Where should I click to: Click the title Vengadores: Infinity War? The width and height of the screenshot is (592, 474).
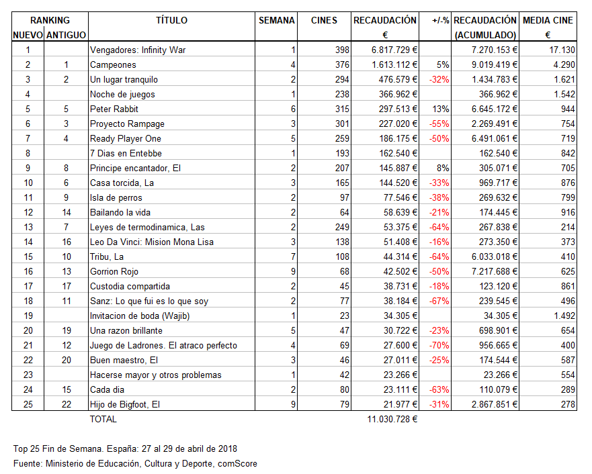137,50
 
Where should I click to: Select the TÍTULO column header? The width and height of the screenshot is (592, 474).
172,20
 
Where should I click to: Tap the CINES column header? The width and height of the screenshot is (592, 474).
325,20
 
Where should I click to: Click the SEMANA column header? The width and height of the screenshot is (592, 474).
277,20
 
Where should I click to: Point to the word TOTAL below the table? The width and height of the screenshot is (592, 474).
103,419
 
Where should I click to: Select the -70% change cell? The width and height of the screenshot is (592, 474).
440,345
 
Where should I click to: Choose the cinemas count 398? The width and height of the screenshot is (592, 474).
343,50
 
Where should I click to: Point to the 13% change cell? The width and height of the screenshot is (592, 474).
441,109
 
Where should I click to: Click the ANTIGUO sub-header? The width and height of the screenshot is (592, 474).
66,35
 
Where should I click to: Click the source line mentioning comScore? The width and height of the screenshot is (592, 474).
135,463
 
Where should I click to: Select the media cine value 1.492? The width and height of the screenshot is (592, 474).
562,316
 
